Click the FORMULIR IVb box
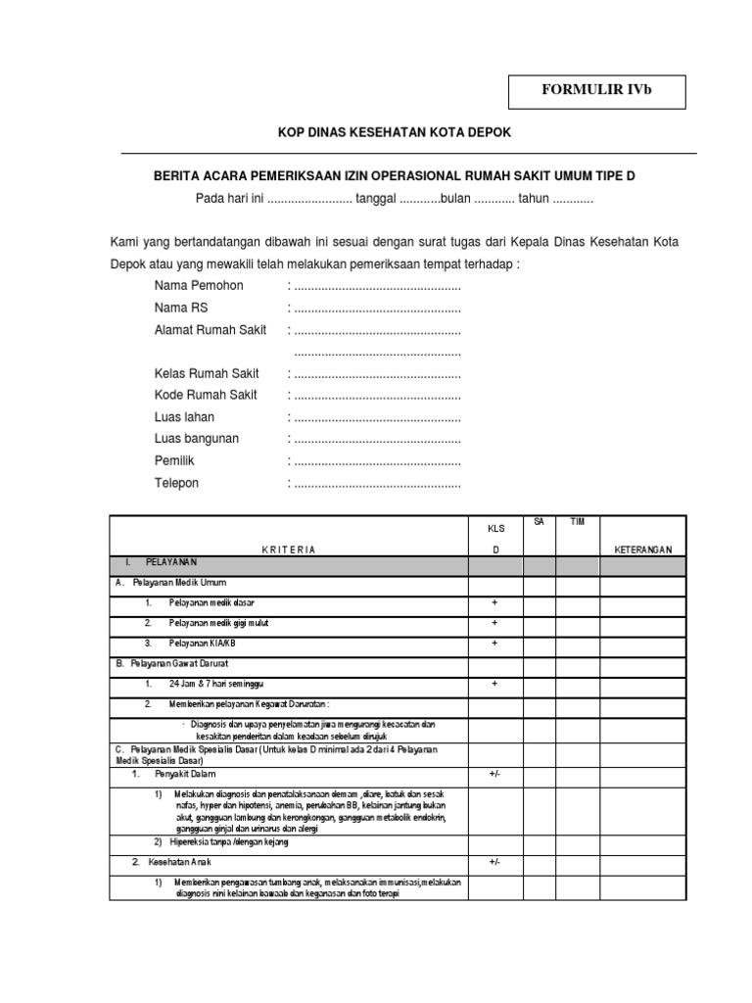[596, 91]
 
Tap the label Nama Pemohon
[199, 285]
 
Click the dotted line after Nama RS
[377, 308]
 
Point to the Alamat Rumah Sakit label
[210, 330]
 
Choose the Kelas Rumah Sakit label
[206, 373]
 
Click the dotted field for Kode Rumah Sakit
[377, 396]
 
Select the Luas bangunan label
[196, 439]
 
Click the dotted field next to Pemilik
[377, 461]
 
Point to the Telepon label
[176, 483]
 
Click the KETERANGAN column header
[642, 549]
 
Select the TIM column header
[578, 522]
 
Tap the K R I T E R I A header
[288, 549]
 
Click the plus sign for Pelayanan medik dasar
[494, 601]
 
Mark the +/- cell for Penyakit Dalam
[494, 774]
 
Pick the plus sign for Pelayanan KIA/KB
[494, 643]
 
